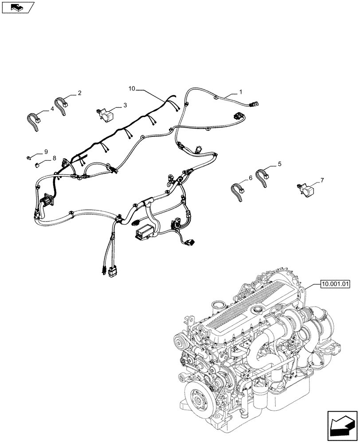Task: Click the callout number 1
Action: [x=240, y=92]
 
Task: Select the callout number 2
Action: [x=79, y=93]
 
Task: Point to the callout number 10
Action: [x=132, y=89]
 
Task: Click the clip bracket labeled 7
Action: [x=304, y=189]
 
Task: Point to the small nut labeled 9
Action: [x=28, y=156]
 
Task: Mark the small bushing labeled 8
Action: [x=37, y=165]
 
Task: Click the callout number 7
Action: [x=322, y=180]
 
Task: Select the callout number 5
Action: [x=279, y=164]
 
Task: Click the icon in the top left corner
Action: [x=19, y=7]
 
